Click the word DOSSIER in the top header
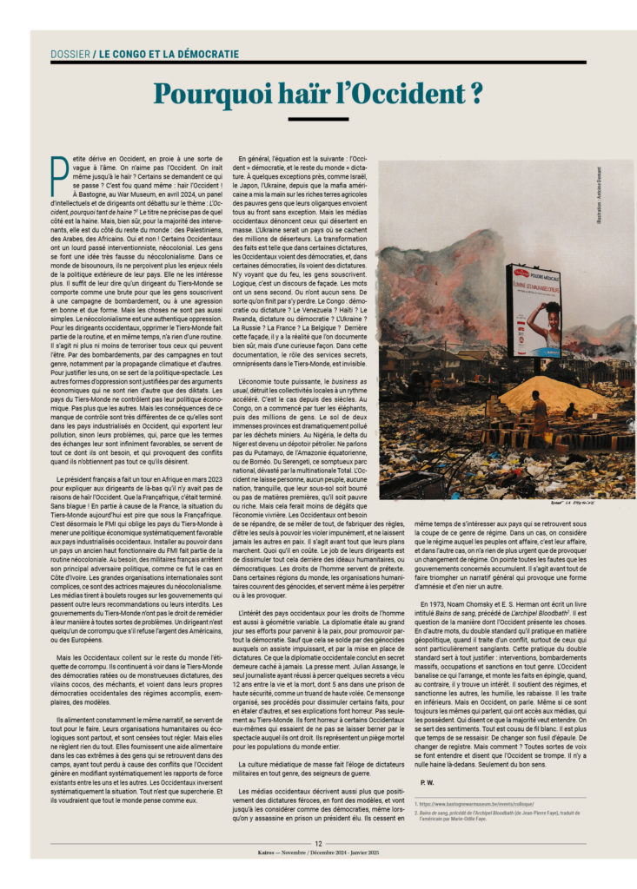tap(70, 54)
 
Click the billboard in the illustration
tap(534, 311)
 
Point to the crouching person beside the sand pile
tap(569, 410)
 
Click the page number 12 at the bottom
tap(319, 842)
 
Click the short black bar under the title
tap(318, 119)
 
